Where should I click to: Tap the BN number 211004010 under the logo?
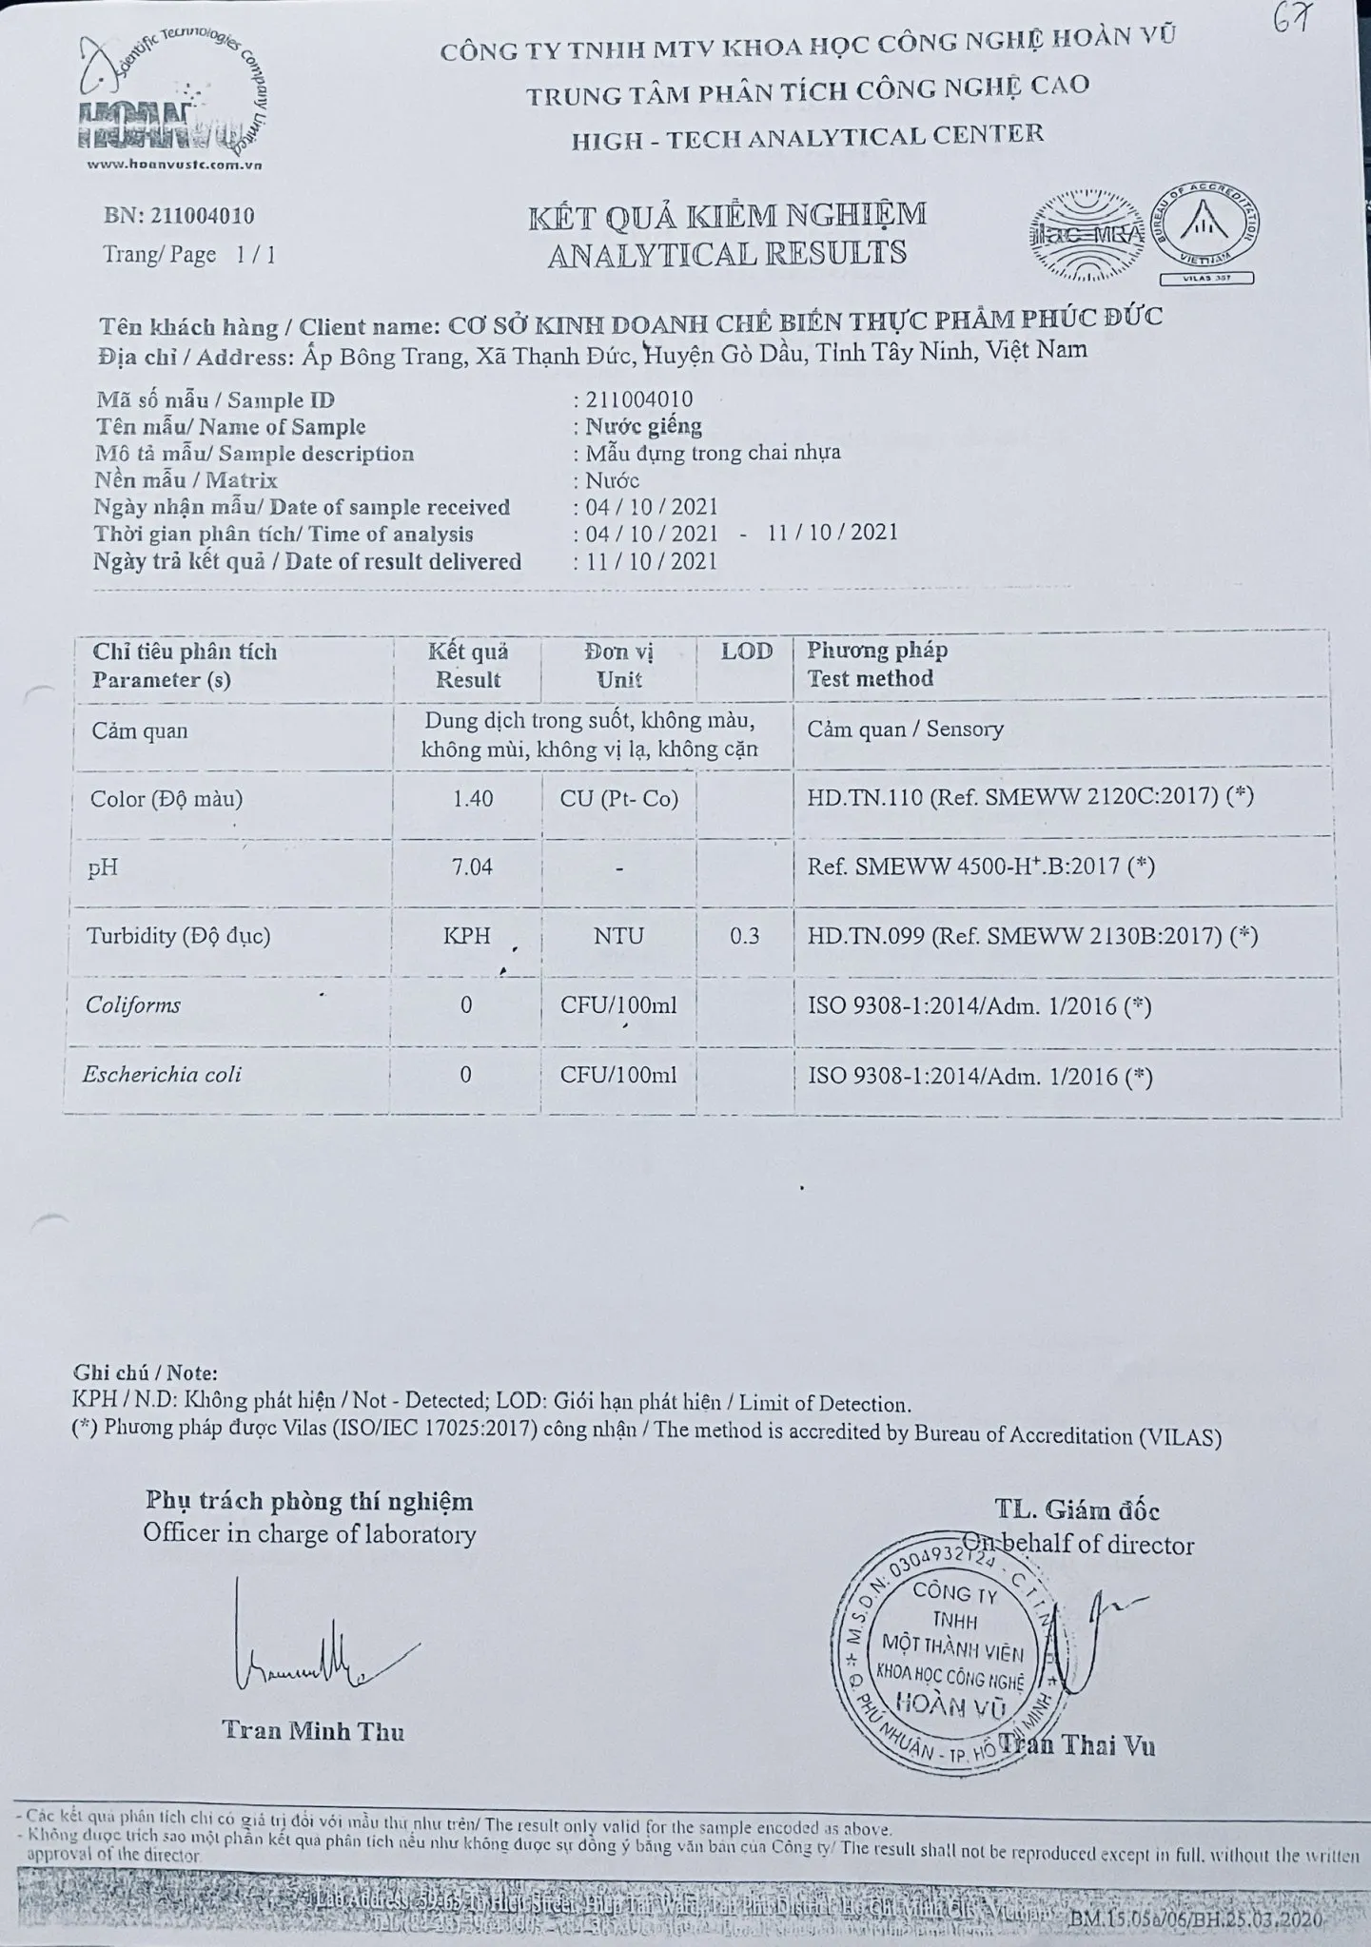click(180, 216)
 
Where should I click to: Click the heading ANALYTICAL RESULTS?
click(727, 254)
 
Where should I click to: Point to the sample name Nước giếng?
click(644, 426)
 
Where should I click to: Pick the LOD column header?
click(746, 652)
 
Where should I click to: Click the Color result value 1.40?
click(473, 799)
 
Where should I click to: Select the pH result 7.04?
click(472, 866)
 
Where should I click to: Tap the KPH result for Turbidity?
click(466, 936)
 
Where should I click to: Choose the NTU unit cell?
click(618, 936)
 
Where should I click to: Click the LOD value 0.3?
click(745, 936)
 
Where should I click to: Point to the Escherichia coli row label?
click(162, 1075)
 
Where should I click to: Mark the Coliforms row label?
click(133, 1005)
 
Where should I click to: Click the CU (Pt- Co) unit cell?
click(618, 799)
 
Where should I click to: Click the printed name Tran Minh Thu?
click(313, 1731)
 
